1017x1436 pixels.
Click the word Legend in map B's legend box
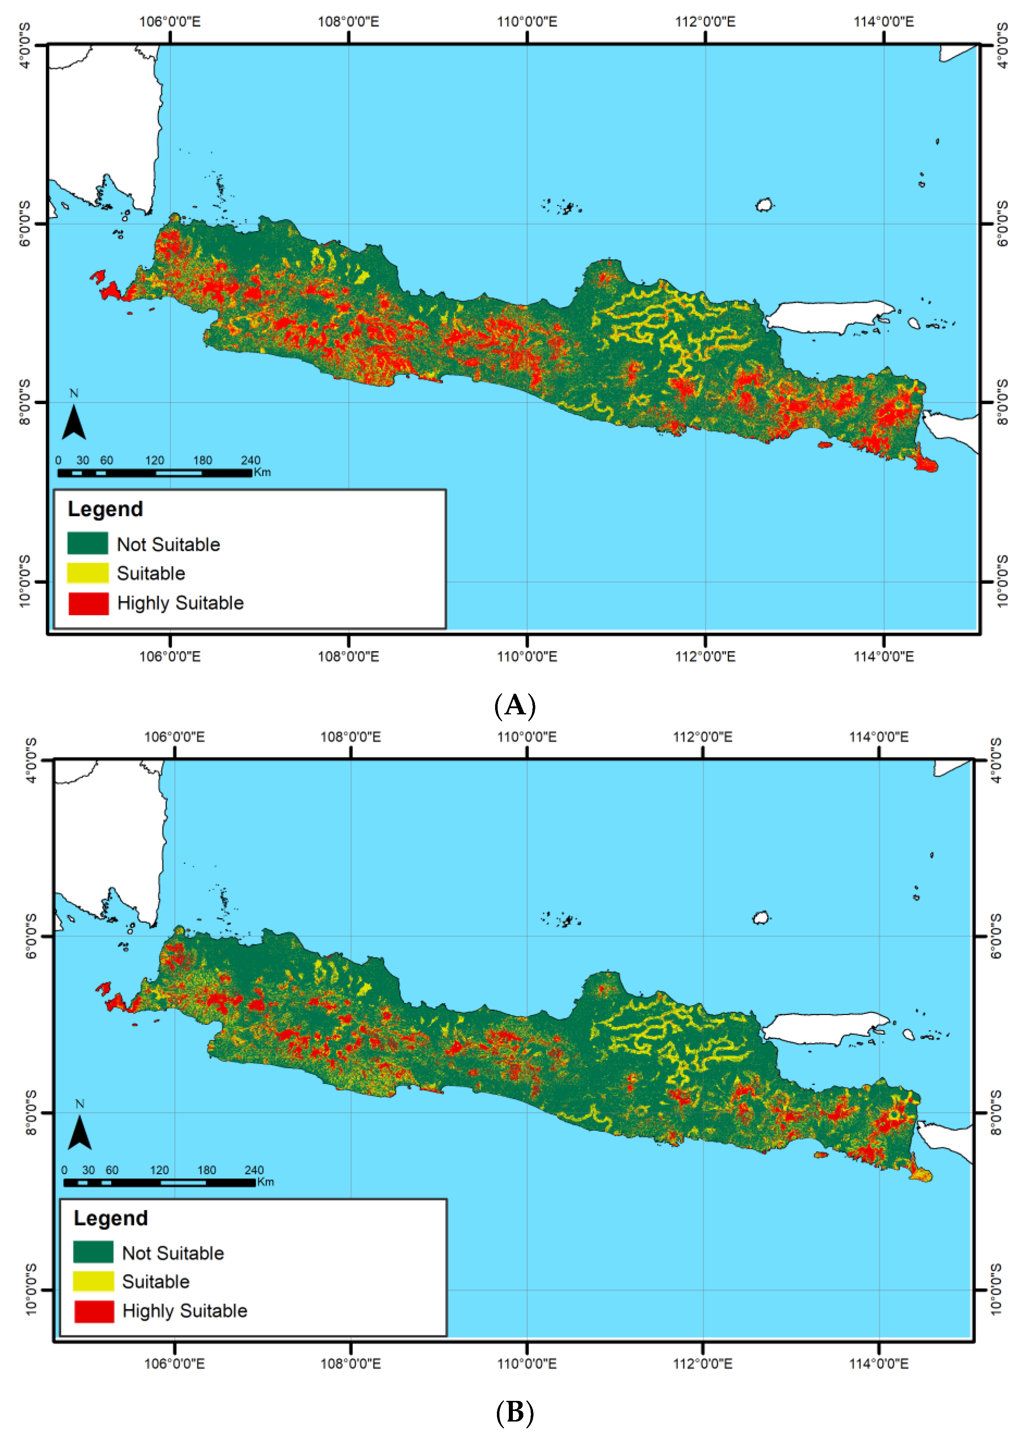tap(111, 1218)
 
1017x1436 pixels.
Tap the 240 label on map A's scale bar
tap(251, 460)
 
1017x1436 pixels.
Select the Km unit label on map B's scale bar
tap(265, 1182)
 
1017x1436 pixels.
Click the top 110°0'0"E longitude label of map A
tap(527, 22)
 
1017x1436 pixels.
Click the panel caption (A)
tap(515, 705)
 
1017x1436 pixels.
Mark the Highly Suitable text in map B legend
tap(185, 1311)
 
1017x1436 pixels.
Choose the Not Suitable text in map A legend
tap(168, 544)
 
